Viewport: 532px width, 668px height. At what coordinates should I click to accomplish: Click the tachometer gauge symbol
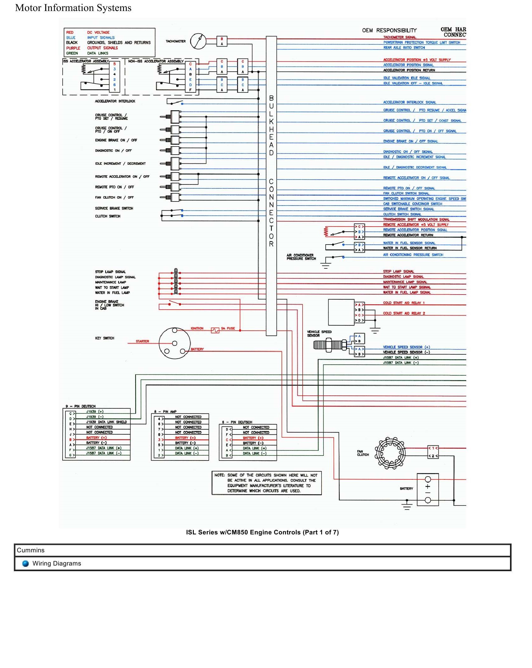tap(198, 41)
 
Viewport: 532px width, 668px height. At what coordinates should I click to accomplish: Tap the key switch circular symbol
tap(175, 343)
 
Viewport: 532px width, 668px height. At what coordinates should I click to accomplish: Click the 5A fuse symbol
tap(215, 330)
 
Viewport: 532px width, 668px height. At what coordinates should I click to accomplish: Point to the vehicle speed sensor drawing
tap(330, 345)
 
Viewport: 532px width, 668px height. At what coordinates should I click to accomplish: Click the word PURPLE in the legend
tap(73, 48)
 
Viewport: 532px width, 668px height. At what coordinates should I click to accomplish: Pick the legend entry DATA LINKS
tap(98, 53)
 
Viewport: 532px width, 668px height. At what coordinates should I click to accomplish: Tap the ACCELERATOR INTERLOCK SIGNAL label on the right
tap(409, 102)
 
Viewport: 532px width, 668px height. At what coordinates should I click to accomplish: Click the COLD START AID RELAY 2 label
tap(404, 313)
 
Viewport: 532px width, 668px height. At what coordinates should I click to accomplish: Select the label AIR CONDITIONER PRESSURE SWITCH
tap(301, 257)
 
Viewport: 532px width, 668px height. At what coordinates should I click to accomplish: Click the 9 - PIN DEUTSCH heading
tap(81, 406)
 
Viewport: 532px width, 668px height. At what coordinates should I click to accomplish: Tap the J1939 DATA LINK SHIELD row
tap(106, 422)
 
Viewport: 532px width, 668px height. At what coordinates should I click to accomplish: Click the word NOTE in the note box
tap(219, 475)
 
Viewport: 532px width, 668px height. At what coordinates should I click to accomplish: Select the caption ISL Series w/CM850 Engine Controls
tap(262, 532)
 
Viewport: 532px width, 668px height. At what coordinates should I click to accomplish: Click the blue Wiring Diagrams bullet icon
tap(25, 563)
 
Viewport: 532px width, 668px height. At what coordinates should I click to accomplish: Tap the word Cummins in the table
tap(31, 550)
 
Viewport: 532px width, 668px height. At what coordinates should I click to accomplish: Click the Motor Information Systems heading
tap(73, 8)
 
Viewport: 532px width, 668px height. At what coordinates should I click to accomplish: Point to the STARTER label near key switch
tap(142, 341)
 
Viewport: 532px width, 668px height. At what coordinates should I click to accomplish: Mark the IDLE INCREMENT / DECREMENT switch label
tap(120, 163)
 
